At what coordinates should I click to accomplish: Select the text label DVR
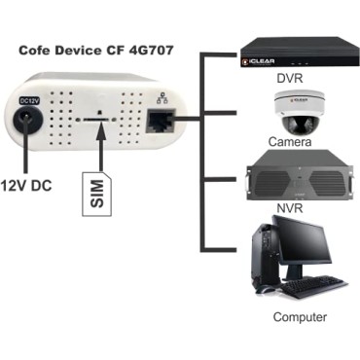pos(291,77)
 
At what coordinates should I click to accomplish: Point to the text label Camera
pos(291,143)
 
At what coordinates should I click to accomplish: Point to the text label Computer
pos(299,317)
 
